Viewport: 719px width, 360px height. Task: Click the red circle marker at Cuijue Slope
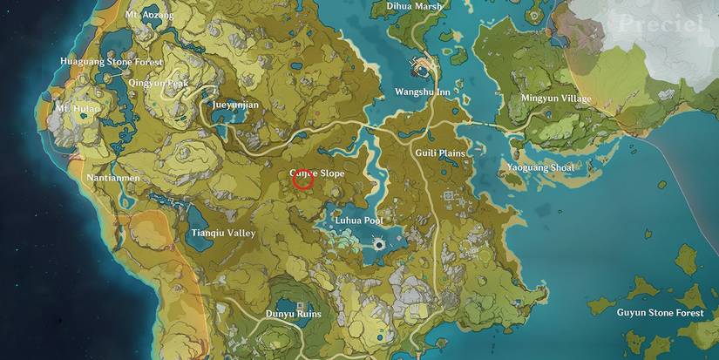tap(302, 180)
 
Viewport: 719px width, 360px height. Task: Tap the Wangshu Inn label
tap(423, 92)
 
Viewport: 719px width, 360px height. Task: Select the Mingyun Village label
tap(556, 98)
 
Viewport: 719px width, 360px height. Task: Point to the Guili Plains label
tap(440, 153)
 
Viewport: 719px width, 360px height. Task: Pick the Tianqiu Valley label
tap(223, 234)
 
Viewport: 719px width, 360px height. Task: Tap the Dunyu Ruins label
tap(293, 314)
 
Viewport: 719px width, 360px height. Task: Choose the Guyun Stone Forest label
tap(660, 312)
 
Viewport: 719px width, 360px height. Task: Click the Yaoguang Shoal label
tap(540, 166)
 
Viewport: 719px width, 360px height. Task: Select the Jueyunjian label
tap(235, 103)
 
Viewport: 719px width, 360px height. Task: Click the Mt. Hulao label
tap(78, 108)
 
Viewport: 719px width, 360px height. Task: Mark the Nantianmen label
tap(110, 178)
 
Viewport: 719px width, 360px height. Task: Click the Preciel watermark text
tap(660, 24)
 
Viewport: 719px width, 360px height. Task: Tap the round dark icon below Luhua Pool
tap(380, 248)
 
